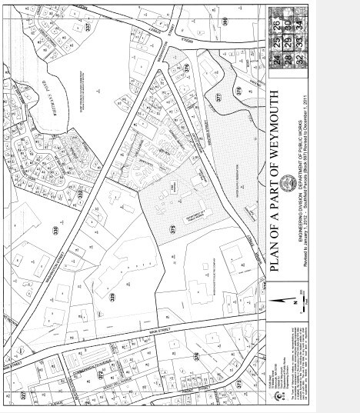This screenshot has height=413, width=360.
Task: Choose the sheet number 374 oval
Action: click(196, 356)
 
